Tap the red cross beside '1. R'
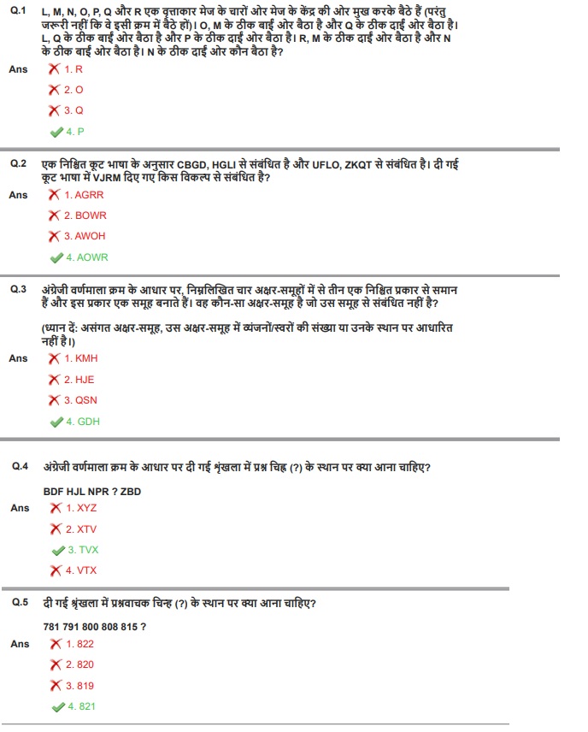55,68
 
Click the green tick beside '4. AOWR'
56,257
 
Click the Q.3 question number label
18,290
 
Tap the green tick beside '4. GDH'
56,422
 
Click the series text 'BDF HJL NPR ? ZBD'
92,492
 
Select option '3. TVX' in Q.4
83,550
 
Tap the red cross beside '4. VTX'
56,570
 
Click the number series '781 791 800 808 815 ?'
94,627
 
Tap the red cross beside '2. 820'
56,664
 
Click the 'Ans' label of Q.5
19,644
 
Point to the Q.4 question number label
21,466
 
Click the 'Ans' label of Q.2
19,195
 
